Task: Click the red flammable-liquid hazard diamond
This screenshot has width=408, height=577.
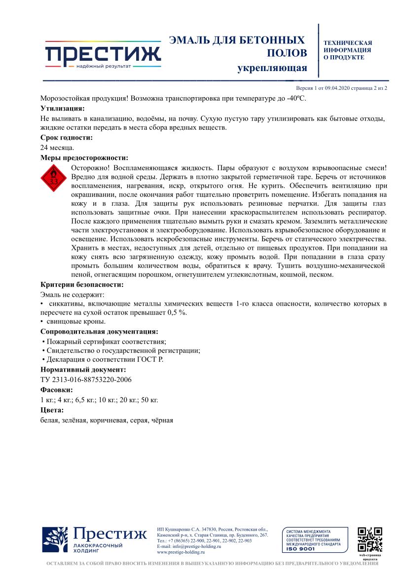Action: point(54,180)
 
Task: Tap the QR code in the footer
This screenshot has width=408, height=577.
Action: point(370,539)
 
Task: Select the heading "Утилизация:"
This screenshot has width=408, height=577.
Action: point(62,108)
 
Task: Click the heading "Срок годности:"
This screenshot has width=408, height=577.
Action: point(66,138)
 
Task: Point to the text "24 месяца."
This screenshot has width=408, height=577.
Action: point(57,148)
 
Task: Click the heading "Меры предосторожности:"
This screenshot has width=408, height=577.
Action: point(84,158)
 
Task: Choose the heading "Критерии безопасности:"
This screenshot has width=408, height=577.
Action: point(82,284)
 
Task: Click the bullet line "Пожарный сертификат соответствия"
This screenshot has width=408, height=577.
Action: point(105,342)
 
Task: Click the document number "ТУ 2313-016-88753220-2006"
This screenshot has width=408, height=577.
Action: point(86,380)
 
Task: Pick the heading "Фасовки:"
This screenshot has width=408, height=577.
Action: point(57,390)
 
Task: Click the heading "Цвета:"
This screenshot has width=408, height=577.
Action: point(52,410)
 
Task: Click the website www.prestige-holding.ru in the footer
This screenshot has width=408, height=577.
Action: point(180,552)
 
